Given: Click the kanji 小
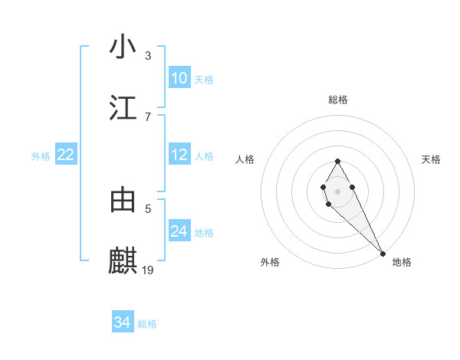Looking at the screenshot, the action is [x=123, y=47].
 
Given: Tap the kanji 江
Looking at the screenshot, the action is [x=123, y=108].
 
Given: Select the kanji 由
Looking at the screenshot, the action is [x=123, y=200].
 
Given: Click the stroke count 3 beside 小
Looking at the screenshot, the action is [x=148, y=56].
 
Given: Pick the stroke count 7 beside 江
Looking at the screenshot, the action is [x=148, y=116].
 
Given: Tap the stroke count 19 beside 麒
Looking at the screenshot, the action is [x=149, y=270].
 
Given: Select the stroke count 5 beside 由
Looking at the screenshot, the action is [x=148, y=208].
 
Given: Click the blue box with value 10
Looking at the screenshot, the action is [x=179, y=77].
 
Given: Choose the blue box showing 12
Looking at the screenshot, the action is [x=179, y=155].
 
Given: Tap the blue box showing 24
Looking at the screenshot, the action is [x=179, y=231].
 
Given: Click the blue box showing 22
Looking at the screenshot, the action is [x=66, y=155].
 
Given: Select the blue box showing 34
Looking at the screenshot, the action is [x=123, y=322].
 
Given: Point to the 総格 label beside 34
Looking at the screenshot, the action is [x=147, y=324].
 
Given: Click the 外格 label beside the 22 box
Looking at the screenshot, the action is [x=41, y=156].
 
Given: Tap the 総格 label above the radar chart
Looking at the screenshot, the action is [x=338, y=100].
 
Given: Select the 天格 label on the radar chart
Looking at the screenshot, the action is [x=432, y=159].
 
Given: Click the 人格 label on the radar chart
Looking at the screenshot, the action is [x=245, y=159].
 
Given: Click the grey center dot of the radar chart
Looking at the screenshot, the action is [x=337, y=190].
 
